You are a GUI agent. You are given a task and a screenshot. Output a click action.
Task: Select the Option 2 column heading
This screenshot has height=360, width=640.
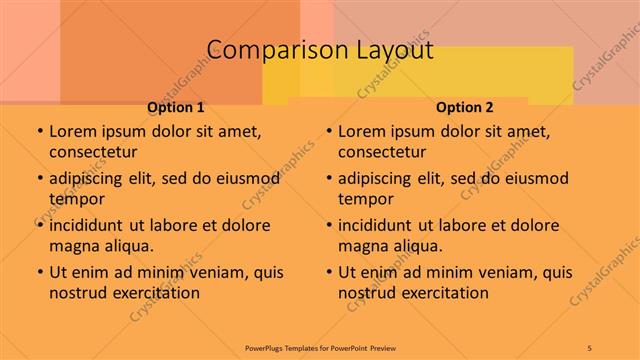point(465,108)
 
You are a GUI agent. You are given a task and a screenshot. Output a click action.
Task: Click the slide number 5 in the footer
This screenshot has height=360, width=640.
point(590,347)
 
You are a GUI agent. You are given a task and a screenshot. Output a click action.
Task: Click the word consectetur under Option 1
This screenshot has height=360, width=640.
point(93,152)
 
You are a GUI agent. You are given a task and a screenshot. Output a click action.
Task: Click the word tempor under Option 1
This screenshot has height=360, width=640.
point(74,198)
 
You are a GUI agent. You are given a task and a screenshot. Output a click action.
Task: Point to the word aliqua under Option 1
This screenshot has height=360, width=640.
point(126,245)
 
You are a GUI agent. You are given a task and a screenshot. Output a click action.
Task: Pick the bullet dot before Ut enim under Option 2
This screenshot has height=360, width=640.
point(329,272)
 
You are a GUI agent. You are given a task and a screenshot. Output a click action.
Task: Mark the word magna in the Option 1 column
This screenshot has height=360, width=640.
point(72,245)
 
